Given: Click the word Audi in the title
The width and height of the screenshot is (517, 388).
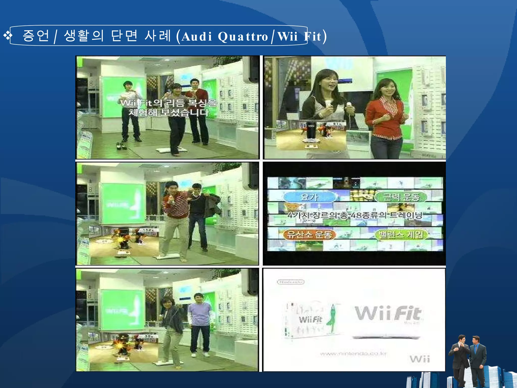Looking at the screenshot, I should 197,36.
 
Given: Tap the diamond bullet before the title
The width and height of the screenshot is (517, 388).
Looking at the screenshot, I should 7,36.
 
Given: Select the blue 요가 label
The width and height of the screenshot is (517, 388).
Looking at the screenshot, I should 310,197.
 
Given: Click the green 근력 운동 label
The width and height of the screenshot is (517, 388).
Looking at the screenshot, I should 401,197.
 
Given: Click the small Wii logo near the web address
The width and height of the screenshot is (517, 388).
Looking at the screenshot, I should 420,359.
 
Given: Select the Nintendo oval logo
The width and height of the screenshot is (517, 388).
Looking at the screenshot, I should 291,282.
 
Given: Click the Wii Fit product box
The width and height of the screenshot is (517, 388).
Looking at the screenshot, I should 312,320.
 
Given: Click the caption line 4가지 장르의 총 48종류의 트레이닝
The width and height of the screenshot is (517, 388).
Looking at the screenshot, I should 355,215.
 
